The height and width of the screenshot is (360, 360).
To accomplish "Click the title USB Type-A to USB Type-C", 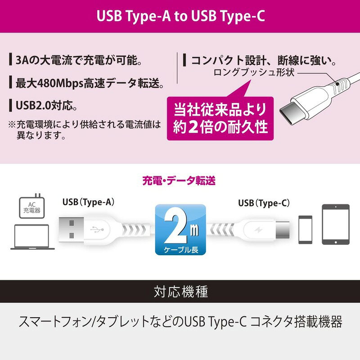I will point(180,16).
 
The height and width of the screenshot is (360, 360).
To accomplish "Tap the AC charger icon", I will point(31,205).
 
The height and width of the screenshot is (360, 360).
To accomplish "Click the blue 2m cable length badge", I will point(180,229).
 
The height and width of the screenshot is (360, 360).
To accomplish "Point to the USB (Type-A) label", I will point(88,202).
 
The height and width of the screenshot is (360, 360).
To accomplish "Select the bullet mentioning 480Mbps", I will point(85,83).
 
